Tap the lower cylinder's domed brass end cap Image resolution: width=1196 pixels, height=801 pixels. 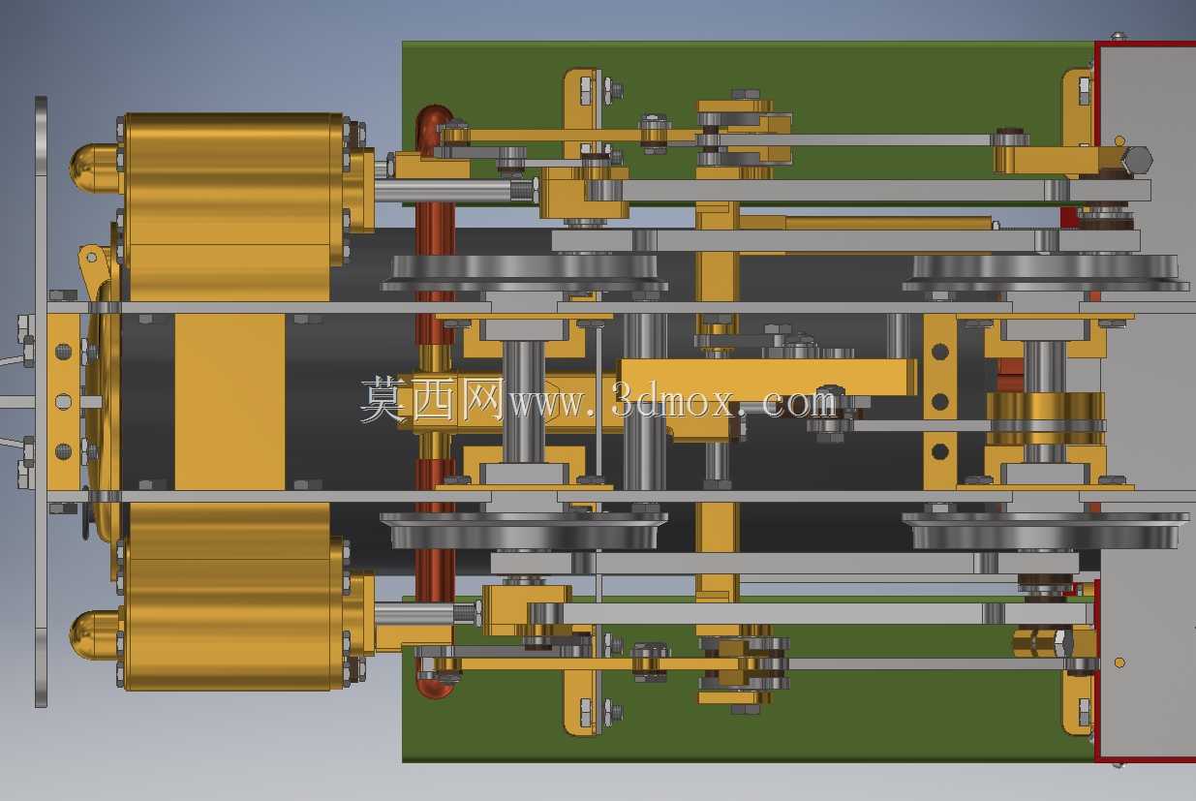pyautogui.click(x=93, y=634)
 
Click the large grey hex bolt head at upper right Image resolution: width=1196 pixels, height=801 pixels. pyautogui.click(x=1136, y=160)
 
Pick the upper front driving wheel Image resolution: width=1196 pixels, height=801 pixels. pyautogui.click(x=524, y=273)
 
